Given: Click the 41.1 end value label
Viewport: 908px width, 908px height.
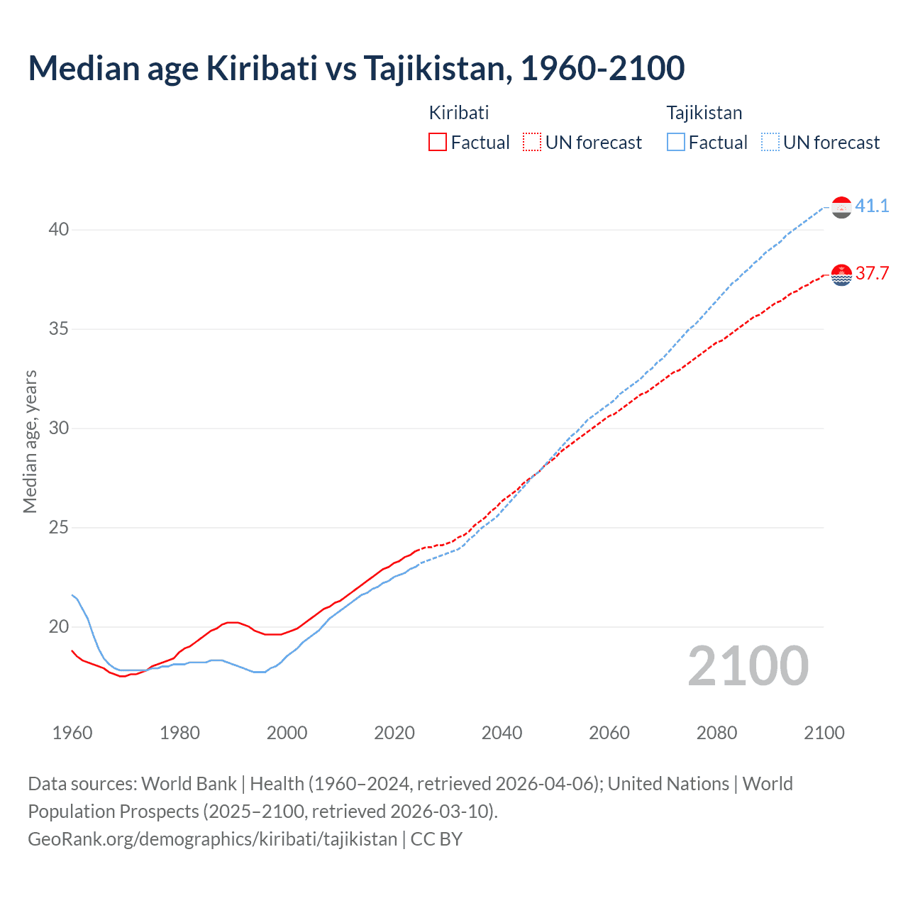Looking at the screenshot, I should [x=872, y=206].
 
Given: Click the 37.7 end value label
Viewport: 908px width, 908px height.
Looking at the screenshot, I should [x=872, y=273].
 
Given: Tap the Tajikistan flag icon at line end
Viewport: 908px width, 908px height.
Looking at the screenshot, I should [x=841, y=207].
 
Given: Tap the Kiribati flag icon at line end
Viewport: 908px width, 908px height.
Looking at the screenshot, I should [x=841, y=275].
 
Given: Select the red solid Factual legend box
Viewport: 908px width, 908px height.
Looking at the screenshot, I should [x=438, y=142].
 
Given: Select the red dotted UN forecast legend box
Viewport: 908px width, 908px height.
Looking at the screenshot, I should [x=532, y=142].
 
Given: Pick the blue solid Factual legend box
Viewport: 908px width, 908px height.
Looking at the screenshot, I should [x=676, y=142].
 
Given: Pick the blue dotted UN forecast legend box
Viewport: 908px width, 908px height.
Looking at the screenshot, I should [x=770, y=142].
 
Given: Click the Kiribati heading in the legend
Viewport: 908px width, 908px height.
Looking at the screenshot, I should [x=459, y=113].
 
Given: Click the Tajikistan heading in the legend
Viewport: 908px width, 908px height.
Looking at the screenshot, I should [x=704, y=113].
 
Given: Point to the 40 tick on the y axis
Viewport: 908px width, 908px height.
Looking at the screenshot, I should [x=59, y=229].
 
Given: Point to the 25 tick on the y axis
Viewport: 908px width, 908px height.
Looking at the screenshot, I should [x=59, y=527].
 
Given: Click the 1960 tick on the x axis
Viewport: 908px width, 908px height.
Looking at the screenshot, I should [x=72, y=733].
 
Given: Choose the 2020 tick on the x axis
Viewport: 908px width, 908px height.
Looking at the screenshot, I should [x=394, y=733].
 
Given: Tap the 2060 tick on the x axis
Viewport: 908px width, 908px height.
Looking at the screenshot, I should [x=609, y=733].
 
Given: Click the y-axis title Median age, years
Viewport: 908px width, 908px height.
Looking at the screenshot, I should [x=30, y=441].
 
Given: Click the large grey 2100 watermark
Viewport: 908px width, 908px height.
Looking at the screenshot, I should [x=748, y=665].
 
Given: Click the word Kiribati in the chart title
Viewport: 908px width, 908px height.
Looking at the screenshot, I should [x=261, y=68].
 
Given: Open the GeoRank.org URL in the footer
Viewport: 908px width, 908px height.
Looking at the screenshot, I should [x=212, y=838].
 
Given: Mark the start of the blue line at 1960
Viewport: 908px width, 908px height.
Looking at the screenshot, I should [x=72, y=595].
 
